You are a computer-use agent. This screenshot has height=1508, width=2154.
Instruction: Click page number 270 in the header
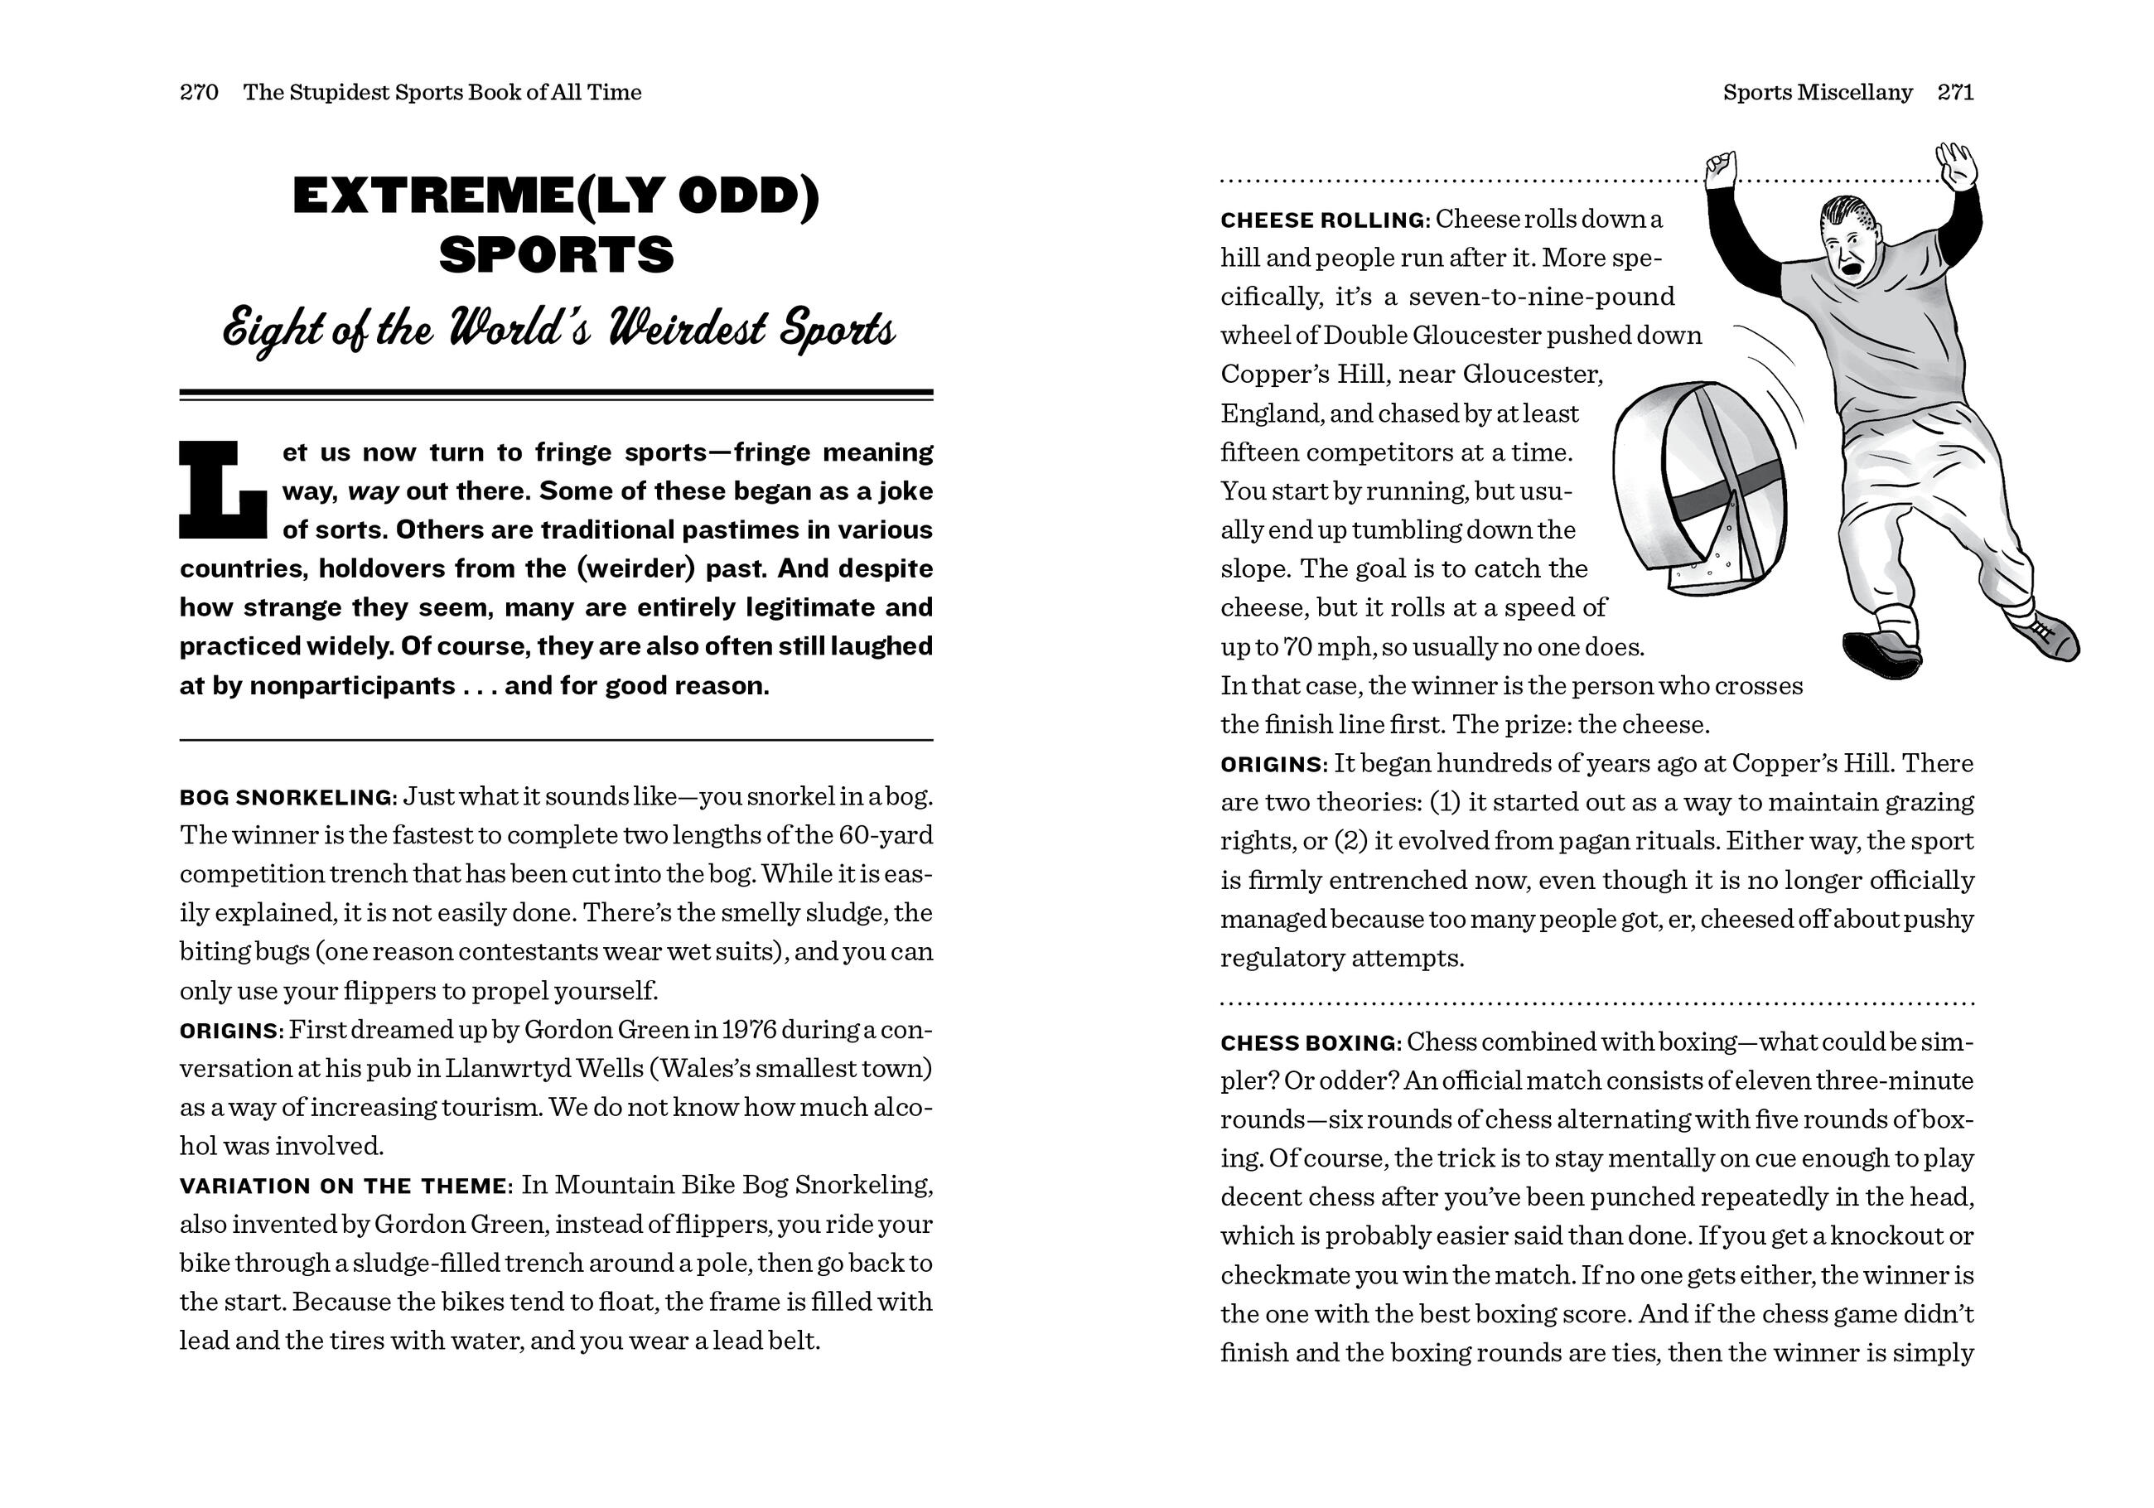click(x=199, y=92)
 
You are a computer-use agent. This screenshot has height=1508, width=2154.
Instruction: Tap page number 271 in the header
click(x=1955, y=92)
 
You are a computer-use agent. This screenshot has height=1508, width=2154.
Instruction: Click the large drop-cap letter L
click(x=224, y=491)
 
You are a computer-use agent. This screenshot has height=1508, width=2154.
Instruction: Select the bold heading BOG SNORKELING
click(x=286, y=798)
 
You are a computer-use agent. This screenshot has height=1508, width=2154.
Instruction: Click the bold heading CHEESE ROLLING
click(x=1323, y=220)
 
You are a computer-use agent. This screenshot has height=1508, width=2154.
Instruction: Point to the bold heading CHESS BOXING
click(x=1310, y=1042)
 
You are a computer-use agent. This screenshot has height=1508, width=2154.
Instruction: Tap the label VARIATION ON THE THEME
click(x=343, y=1187)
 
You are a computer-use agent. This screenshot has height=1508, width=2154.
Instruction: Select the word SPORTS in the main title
click(x=557, y=254)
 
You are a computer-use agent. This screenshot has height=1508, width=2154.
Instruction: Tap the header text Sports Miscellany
click(x=1817, y=92)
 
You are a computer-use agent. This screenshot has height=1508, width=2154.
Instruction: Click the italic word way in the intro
click(x=374, y=491)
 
